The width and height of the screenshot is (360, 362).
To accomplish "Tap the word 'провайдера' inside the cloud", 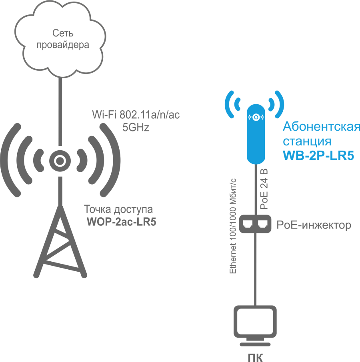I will coord(62,45).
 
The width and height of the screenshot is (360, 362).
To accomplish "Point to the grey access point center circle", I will coord(59,161).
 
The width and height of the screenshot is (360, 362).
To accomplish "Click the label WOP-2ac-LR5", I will coord(121,222).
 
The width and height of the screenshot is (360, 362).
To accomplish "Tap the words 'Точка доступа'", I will coord(118,210).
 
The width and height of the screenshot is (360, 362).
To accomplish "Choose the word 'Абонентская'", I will coord(321,127).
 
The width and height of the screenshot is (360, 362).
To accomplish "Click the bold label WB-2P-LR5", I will coord(318,156).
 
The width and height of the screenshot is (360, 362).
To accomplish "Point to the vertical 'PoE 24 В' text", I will coord(264,189).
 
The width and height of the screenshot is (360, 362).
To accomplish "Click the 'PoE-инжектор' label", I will coord(314,225).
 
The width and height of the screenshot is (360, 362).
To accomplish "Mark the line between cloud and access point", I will coord(60,112).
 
